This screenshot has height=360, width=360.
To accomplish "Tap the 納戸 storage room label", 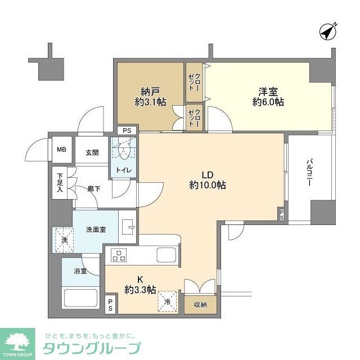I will click(149, 95).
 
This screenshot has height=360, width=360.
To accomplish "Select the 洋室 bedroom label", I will click(267, 95).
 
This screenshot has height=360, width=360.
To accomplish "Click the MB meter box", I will click(61, 150).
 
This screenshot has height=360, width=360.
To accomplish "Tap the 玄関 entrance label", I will click(92, 151).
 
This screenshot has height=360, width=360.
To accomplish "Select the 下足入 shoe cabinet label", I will click(60, 183).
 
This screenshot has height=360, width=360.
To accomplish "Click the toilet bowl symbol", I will click(124, 150).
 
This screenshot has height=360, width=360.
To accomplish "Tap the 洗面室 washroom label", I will click(96, 229).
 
